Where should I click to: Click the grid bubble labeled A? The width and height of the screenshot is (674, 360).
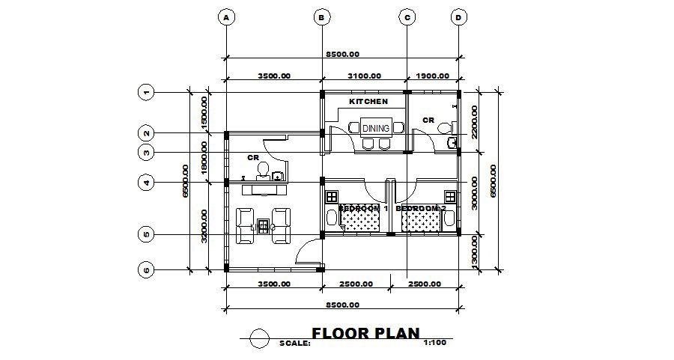coord(225,17)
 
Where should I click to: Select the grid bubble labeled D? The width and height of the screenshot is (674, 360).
coord(459,17)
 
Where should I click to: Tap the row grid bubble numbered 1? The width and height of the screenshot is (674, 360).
coord(147,93)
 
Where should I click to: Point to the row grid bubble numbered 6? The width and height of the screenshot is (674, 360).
coord(147,269)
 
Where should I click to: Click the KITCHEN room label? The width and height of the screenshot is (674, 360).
coord(368,101)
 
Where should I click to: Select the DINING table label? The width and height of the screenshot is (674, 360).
coord(376,128)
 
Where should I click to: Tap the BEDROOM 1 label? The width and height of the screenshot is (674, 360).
coord(362,208)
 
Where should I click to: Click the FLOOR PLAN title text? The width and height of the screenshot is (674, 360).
coord(365,333)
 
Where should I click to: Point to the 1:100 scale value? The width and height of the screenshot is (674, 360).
coord(435,343)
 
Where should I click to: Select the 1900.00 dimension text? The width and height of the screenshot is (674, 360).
coord(432,76)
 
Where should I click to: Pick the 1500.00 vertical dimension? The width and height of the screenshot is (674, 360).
coord(204,112)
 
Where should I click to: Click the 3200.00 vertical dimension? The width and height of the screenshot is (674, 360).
coord(204,226)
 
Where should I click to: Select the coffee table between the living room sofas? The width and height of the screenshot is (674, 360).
coord(263,225)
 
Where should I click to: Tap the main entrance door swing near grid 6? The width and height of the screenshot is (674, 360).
coord(308,254)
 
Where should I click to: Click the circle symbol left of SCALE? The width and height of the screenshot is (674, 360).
coord(260,338)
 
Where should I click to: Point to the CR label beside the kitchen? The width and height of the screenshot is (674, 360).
coord(428,120)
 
